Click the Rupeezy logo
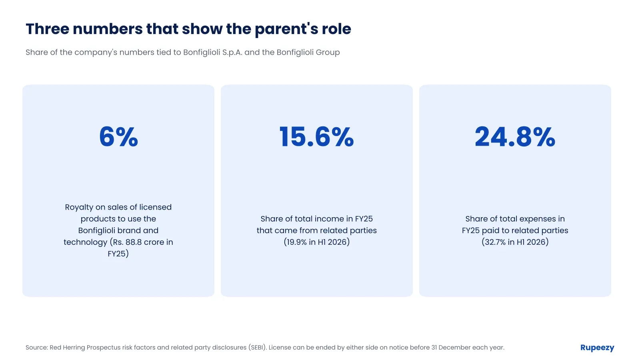pyautogui.click(x=597, y=348)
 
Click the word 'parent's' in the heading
pyautogui.click(x=286, y=30)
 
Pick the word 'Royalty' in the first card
pyautogui.click(x=79, y=208)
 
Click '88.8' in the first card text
pyautogui.click(x=134, y=242)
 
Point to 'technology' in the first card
pyautogui.click(x=86, y=242)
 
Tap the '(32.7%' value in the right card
pyautogui.click(x=494, y=242)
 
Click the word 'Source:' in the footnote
pyautogui.click(x=37, y=348)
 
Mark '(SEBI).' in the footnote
pyautogui.click(x=258, y=348)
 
